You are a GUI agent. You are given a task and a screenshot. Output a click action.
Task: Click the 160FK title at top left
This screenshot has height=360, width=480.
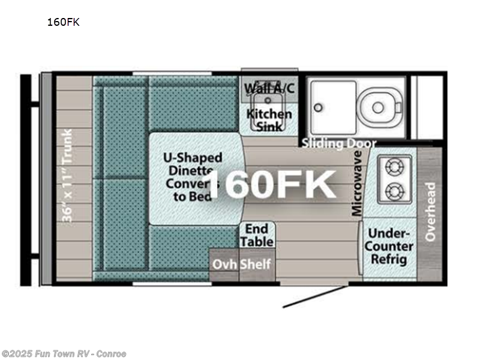pyautogui.click(x=63, y=23)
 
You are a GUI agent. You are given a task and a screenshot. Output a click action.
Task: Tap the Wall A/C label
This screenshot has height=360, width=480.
pyautogui.click(x=269, y=88)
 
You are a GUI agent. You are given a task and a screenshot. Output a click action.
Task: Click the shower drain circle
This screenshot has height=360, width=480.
pyautogui.click(x=319, y=108)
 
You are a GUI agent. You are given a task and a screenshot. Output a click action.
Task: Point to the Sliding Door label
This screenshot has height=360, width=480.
pyautogui.click(x=339, y=143)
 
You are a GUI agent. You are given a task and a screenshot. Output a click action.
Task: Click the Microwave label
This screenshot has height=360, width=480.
pyautogui.click(x=358, y=183)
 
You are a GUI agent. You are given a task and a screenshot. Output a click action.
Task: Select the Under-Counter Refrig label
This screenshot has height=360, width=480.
pyautogui.click(x=391, y=246)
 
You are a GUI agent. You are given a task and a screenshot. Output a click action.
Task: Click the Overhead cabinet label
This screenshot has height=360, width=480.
pyautogui.click(x=430, y=212)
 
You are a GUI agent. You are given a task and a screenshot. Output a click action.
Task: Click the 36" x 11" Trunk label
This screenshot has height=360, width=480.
pyautogui.click(x=67, y=175)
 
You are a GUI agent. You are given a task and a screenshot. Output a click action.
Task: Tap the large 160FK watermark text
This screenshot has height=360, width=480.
pyautogui.click(x=273, y=183)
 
